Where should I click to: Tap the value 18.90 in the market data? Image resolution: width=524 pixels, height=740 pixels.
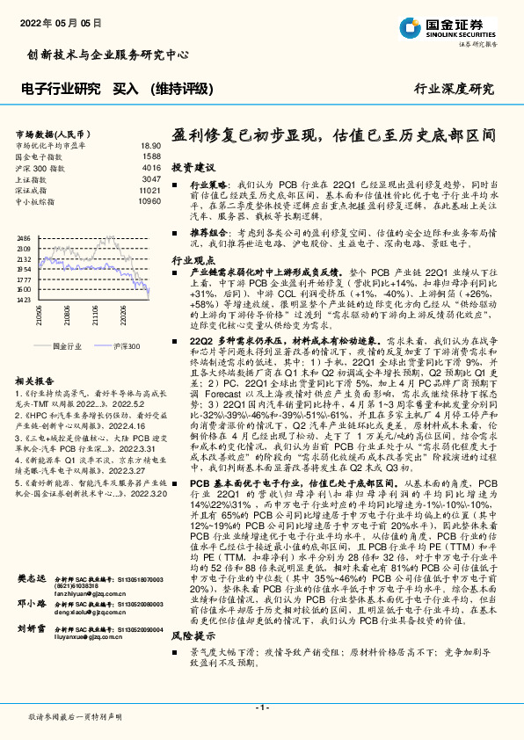[150, 145]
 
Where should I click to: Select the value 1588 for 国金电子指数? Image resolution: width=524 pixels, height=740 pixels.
[152, 156]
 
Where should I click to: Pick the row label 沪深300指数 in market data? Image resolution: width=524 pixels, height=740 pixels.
[40, 167]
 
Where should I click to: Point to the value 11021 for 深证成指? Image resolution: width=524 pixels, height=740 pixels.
[149, 190]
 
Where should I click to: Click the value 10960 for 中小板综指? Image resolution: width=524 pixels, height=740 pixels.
[149, 201]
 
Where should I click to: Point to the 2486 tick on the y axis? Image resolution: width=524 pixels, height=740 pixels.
[23, 238]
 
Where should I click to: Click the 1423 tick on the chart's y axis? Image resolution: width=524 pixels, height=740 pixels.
[23, 300]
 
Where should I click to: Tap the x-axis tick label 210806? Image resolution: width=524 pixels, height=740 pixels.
[39, 318]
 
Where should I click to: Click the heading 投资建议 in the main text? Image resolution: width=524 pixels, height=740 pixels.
[192, 167]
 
